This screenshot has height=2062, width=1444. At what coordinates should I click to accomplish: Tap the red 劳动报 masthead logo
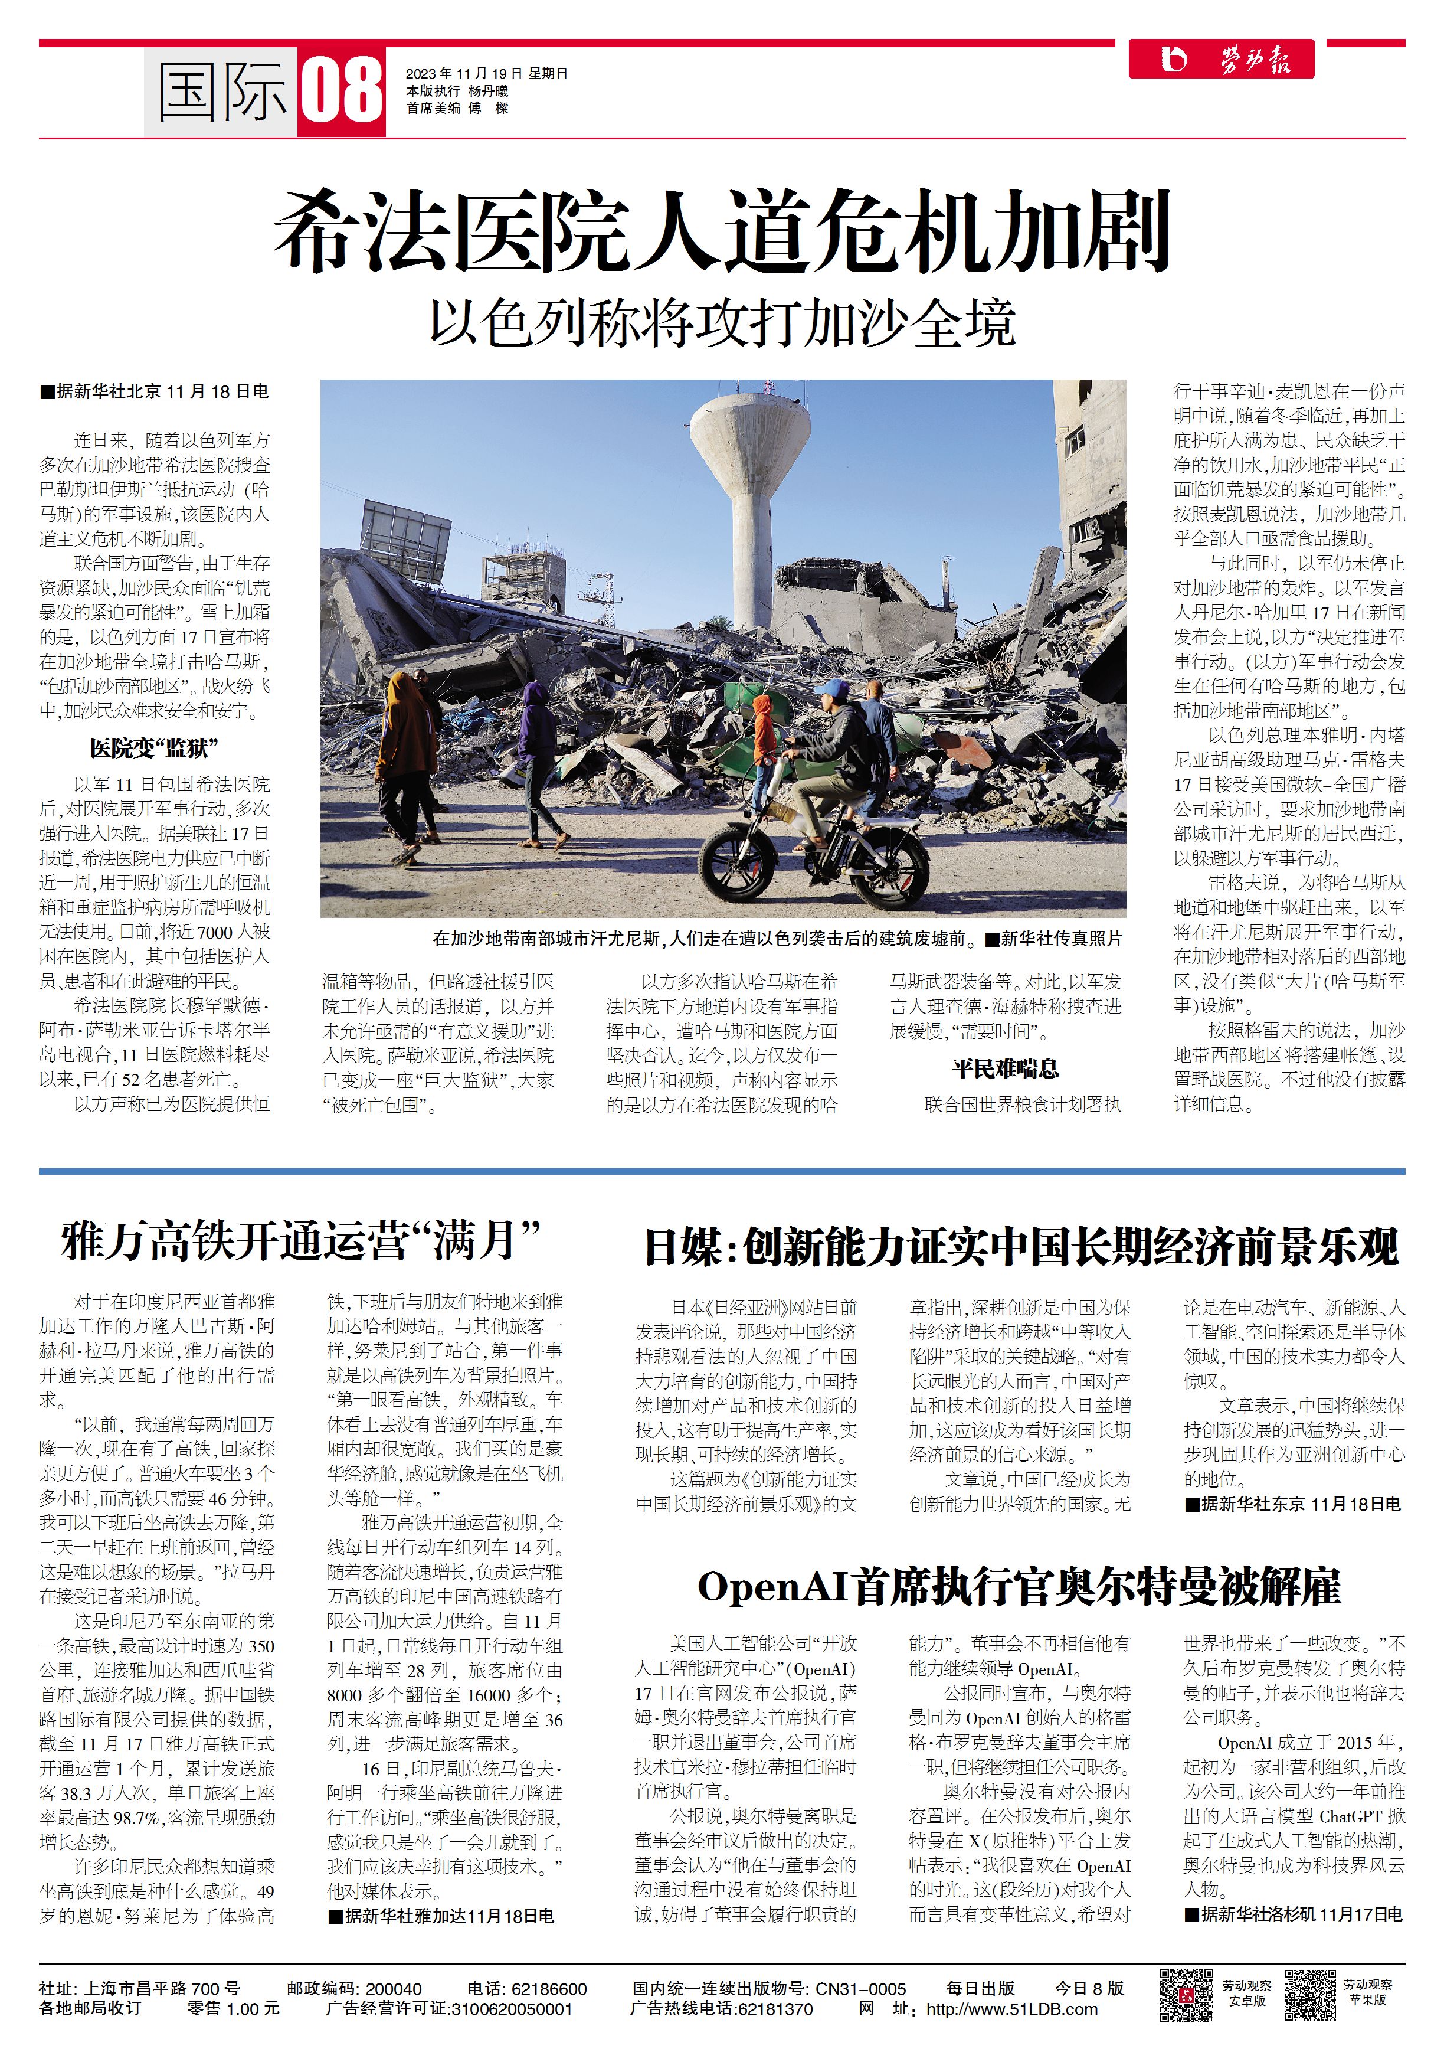pos(1222,59)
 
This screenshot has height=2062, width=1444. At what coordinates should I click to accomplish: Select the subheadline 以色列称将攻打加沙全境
pos(722,323)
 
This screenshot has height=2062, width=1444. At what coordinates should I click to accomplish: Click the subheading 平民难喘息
pos(1005,1068)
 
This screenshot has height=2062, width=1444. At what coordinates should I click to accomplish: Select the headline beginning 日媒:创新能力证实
pos(1021,1247)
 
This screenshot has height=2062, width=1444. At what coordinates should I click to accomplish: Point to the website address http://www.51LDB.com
pos(1011,2009)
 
